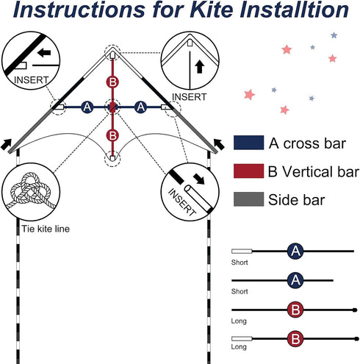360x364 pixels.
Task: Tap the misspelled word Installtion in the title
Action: coord(294,10)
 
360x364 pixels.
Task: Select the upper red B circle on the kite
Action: coord(112,82)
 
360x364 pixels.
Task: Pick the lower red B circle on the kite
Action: coord(112,135)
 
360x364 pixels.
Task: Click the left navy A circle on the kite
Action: coord(87,107)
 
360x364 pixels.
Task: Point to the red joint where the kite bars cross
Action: coord(112,107)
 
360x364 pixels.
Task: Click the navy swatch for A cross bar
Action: coord(248,143)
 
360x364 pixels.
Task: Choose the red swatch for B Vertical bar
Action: coord(248,171)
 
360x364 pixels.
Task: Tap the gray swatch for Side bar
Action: coord(248,199)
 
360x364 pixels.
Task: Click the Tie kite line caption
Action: coord(46,229)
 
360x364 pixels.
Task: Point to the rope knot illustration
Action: coord(31,190)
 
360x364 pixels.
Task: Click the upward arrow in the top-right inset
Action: coord(200,67)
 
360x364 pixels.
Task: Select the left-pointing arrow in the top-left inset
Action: coord(44,52)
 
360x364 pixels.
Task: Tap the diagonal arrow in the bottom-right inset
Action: coord(199,179)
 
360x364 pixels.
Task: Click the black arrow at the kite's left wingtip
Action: coord(6,145)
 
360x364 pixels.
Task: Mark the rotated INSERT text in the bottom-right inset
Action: coord(182,202)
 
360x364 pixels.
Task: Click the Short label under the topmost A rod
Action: coord(240,263)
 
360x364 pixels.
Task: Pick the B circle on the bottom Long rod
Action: coord(295,339)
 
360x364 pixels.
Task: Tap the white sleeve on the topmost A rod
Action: coord(242,251)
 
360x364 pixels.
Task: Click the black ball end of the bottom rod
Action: coord(356,339)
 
